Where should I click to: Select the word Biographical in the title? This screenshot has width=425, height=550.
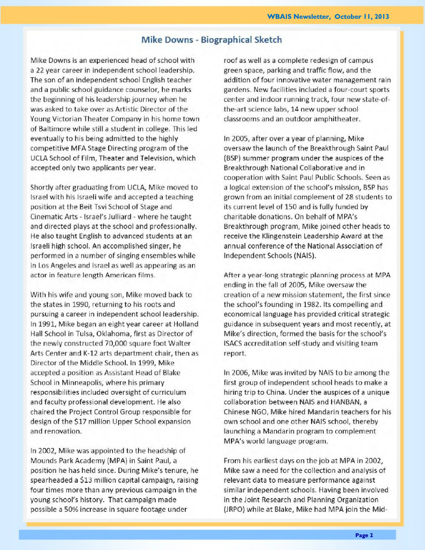coord(225,40)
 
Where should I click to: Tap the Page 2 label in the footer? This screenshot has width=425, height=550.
coord(364,535)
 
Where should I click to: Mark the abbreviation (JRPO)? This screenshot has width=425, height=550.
coord(236,509)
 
